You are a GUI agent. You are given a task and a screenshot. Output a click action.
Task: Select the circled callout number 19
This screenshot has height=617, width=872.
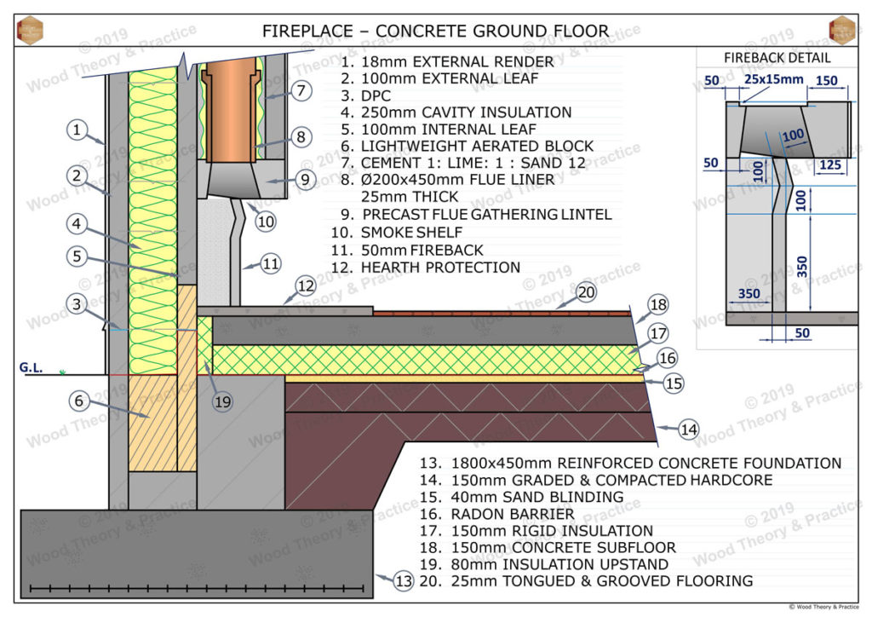tap(223, 401)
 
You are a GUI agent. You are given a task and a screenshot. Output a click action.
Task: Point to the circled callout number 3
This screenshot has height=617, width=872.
tap(77, 303)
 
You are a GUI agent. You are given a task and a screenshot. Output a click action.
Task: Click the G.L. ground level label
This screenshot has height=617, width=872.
tap(31, 368)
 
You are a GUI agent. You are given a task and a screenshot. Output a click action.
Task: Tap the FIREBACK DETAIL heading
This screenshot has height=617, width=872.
tap(777, 58)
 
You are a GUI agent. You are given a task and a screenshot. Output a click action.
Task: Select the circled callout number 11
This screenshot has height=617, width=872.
tap(270, 264)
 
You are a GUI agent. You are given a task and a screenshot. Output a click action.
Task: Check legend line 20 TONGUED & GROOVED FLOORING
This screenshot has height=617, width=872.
tap(586, 581)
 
